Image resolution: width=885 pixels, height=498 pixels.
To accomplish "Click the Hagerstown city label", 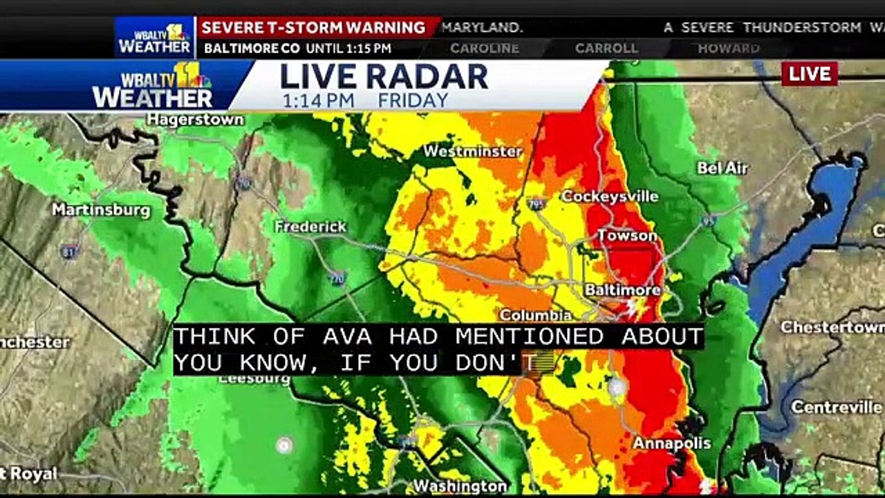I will (196, 120).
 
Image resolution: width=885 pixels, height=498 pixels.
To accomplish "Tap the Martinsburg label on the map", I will (101, 210).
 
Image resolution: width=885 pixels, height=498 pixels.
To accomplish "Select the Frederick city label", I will (310, 227).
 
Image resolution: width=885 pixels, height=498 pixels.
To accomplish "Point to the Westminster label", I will (472, 151).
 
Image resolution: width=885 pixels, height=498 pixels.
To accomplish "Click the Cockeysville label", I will (610, 196).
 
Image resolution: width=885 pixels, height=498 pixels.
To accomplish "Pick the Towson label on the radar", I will (627, 236).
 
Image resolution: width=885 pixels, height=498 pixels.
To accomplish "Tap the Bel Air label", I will (723, 168).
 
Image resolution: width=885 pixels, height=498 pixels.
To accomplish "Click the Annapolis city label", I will (672, 443).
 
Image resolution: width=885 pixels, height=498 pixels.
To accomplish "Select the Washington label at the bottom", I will (460, 486).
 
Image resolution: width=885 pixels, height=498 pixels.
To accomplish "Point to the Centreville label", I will (837, 407).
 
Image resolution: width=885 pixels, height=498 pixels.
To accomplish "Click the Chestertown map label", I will (832, 326).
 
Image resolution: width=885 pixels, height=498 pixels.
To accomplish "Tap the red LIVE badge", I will (810, 74).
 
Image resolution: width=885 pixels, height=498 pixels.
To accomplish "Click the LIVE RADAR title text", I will (384, 77).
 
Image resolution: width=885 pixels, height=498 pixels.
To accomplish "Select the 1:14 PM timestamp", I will (318, 100).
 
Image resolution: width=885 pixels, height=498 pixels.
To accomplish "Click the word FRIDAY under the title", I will (413, 100).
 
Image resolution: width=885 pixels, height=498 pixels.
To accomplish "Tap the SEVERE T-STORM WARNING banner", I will (313, 28).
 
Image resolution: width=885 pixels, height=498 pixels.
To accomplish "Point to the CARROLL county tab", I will (606, 48).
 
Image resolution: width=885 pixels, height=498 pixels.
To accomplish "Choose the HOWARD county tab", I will (728, 48).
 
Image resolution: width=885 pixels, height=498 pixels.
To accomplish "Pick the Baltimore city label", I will (623, 290).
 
